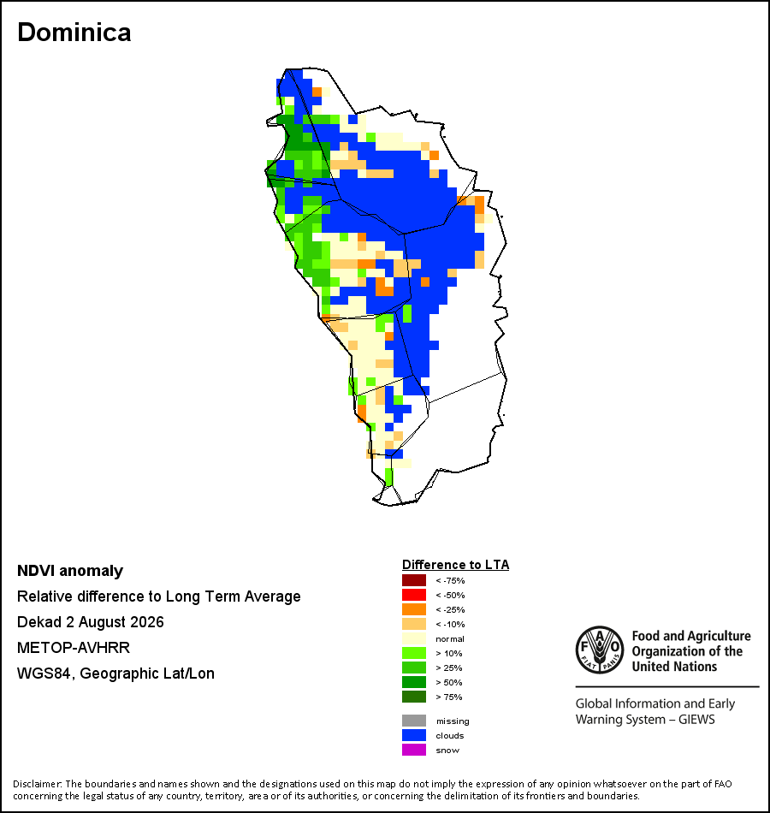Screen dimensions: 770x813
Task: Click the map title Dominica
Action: point(74,33)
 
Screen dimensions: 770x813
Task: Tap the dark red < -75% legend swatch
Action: point(414,580)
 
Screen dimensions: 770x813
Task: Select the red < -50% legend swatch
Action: point(414,595)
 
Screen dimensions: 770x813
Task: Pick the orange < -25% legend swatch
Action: point(414,609)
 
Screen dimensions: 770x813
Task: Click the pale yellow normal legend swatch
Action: point(414,638)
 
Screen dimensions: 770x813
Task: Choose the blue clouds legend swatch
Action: point(414,735)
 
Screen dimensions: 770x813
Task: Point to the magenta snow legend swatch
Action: point(414,750)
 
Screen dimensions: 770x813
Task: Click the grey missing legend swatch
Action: point(414,721)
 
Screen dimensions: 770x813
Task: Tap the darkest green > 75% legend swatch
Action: point(414,697)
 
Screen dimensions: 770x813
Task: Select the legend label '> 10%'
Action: point(449,653)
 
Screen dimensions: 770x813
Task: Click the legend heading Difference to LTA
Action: point(455,565)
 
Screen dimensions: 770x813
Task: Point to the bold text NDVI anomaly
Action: point(70,571)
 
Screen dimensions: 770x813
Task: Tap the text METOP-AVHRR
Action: point(74,648)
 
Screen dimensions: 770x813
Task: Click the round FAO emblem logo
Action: point(600,650)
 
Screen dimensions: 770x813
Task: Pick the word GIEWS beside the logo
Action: point(697,720)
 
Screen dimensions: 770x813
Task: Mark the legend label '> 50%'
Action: point(449,682)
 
